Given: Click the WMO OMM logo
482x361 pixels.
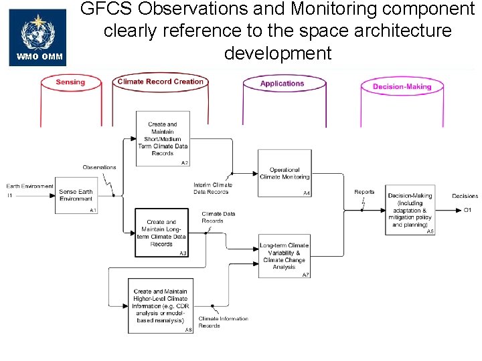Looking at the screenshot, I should [x=38, y=37].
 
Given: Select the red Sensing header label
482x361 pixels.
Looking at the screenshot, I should [x=70, y=82].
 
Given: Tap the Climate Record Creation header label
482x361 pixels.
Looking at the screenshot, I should [x=160, y=82].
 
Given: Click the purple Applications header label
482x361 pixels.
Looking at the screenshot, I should [x=282, y=84].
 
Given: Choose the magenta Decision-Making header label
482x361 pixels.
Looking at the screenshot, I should [x=402, y=86].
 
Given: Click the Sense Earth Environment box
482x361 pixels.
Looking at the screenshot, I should [x=76, y=195].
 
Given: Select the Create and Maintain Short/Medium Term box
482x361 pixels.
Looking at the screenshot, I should [x=163, y=138].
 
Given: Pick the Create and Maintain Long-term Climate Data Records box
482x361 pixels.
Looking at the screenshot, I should [x=161, y=233].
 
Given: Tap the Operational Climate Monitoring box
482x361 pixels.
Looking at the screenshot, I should [x=285, y=174].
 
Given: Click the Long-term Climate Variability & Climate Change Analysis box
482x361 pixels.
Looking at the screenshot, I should [x=285, y=255].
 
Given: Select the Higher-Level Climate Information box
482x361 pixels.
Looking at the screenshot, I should [x=161, y=306].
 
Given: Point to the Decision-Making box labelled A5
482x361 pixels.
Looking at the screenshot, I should [x=410, y=210].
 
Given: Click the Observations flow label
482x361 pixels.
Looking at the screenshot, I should [x=100, y=167].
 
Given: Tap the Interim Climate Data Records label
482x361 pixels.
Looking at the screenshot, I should [x=213, y=188].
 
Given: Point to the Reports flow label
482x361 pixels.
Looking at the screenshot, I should [x=364, y=192].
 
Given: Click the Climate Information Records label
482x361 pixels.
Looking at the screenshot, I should [x=223, y=322].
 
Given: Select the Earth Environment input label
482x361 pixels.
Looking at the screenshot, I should [x=30, y=186].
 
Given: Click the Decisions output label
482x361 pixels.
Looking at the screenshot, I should [x=465, y=196].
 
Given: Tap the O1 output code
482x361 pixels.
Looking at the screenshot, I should [x=468, y=210].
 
